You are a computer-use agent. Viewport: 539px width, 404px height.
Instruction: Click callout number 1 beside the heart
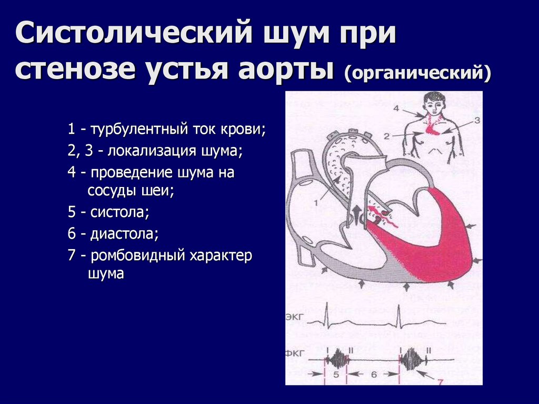pos(316,201)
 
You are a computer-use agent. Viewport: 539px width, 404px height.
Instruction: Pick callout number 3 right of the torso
pos(477,120)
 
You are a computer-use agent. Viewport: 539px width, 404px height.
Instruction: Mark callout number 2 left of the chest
pos(387,136)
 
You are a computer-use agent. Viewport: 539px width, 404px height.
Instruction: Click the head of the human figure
pos(434,103)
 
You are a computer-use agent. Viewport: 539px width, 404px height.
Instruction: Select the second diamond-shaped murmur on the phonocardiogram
pos(411,360)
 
